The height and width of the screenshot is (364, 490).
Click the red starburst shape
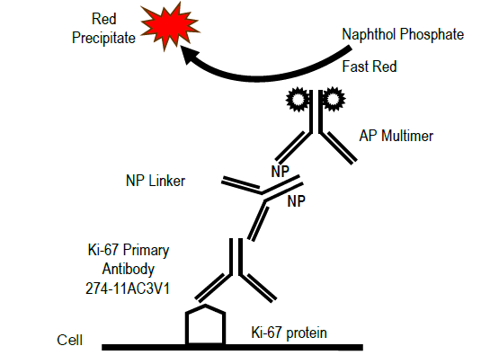pos(170,25)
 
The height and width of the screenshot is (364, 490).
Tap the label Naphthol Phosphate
pos(403,34)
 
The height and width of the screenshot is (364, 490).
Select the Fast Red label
pos(370,67)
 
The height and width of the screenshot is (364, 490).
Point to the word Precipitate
pos(103,38)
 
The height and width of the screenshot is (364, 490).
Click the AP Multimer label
pos(396,136)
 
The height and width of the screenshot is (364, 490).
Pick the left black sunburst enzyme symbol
pos(298,99)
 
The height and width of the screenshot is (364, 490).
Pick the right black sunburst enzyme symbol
pos(334,99)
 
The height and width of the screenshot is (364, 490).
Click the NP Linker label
pos(156,181)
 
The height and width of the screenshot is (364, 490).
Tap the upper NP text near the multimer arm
pos(280,172)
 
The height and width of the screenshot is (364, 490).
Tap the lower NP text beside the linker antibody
pos(297,201)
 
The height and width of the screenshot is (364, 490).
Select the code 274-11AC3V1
pos(128,289)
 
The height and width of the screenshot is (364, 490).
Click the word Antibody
pos(129,269)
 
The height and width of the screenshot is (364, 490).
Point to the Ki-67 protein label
pos(290,333)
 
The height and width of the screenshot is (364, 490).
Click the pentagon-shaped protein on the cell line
pos(205,324)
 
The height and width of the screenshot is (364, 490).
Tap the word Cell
pos(70,341)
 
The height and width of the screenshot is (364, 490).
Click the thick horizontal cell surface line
pos(232,347)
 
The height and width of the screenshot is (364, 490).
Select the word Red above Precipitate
pos(104,19)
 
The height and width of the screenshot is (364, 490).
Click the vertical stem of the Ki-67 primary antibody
pos(236,257)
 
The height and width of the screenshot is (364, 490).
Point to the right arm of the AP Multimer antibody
pos(339,147)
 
